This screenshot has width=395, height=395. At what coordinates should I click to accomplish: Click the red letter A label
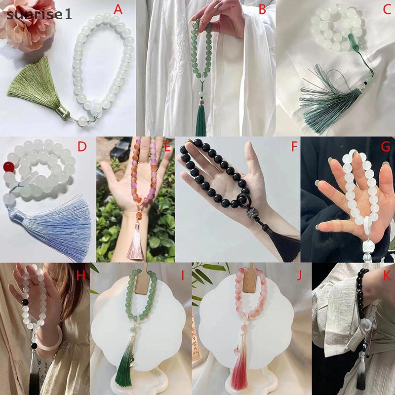coord(118,10)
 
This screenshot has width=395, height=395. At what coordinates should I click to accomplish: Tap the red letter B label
coord(262,10)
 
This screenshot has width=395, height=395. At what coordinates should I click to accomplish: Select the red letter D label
coord(82,146)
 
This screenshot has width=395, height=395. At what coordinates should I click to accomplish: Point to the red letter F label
coord(294,146)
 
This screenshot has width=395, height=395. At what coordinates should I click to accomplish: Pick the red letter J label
coord(299,276)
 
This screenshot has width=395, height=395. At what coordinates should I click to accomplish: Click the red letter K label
coord(387,276)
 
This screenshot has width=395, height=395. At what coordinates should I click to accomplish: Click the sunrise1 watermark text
coord(39,14)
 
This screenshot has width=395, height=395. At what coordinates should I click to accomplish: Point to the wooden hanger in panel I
coord(142,280)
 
